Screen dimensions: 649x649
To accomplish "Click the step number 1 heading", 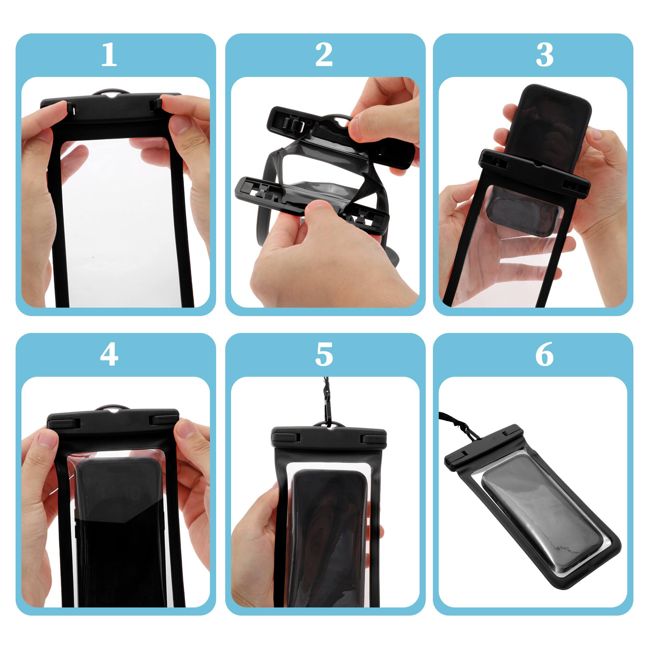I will (109, 55).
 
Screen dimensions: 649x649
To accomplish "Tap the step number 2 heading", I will (324, 55).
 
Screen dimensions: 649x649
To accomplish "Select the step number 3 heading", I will (544, 55).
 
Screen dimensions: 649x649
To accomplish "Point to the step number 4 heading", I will (109, 354).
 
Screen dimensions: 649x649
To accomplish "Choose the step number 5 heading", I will (324, 354).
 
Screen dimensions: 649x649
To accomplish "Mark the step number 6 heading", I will (544, 354).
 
